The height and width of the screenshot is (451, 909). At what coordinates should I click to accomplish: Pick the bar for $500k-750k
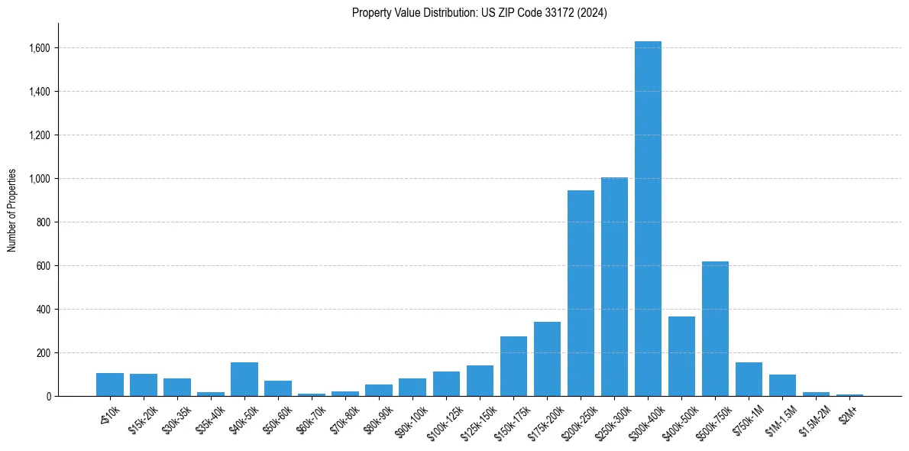tap(715, 329)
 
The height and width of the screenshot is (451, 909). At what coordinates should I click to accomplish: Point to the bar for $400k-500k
tap(681, 356)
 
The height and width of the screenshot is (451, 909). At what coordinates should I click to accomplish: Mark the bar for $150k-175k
tap(513, 366)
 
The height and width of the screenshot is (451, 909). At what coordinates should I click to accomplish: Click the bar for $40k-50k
tap(244, 379)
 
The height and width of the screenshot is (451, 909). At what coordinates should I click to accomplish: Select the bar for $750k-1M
tap(749, 379)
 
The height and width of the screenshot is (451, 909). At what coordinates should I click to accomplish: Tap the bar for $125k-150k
tap(480, 381)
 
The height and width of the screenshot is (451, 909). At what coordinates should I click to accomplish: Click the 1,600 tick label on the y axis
tap(40, 48)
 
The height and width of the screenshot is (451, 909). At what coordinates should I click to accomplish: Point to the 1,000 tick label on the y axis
tap(40, 179)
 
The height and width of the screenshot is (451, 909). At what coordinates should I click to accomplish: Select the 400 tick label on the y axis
tap(44, 310)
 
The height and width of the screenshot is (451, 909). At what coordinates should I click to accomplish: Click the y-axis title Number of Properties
tap(12, 210)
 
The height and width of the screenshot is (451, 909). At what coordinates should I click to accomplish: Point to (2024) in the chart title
tap(594, 13)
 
